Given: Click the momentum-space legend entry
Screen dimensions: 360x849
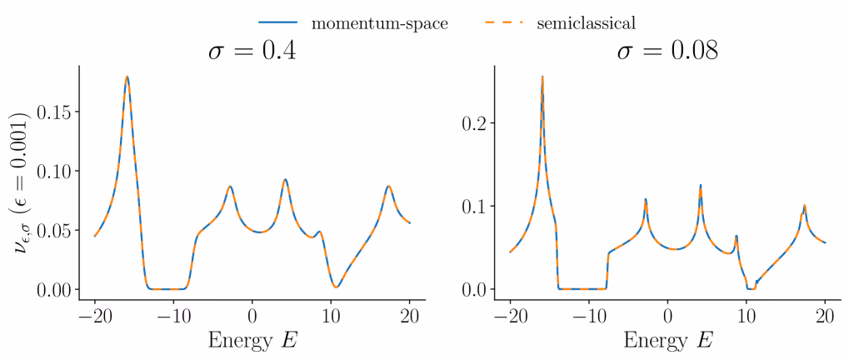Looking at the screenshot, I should click(379, 22).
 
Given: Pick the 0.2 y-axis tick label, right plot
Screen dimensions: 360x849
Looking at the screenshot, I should click(476, 123).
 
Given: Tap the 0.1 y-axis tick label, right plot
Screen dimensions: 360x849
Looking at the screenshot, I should click(476, 206).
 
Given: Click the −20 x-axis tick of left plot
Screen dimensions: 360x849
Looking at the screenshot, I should click(95, 316).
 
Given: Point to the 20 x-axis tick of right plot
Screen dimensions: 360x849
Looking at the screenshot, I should click(825, 316).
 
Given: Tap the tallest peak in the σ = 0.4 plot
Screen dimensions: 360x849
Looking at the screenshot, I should click(127, 77).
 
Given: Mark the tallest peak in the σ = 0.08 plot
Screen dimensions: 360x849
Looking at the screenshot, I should click(542, 77).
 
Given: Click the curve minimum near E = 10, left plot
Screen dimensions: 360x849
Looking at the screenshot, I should click(337, 287).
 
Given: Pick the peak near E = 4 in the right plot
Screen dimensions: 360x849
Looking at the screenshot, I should click(701, 185).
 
